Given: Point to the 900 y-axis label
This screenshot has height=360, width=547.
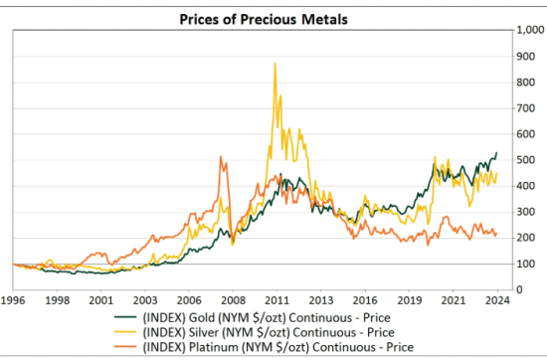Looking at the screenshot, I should (x=524, y=57).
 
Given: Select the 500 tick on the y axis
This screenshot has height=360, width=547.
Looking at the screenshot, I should (x=524, y=160).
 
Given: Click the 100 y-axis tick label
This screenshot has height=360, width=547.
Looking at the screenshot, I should (x=524, y=265).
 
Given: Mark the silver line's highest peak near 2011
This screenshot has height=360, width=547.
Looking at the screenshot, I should (x=274, y=64).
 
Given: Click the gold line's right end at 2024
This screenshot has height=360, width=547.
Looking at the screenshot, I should (x=497, y=153).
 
